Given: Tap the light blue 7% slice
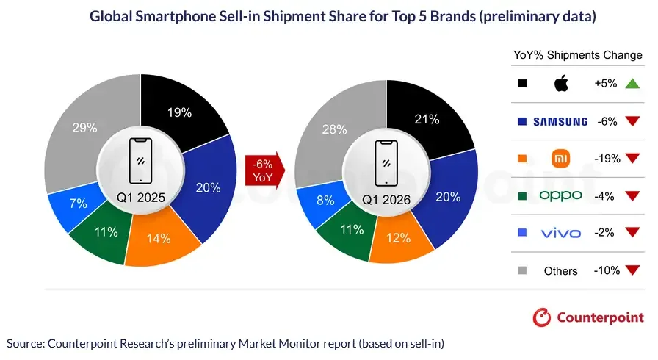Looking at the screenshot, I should [x=78, y=204].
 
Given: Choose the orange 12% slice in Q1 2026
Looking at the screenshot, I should [x=400, y=238].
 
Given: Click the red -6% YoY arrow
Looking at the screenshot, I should [x=262, y=170].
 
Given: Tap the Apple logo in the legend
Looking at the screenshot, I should [x=561, y=84].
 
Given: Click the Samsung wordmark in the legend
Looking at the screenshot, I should [x=560, y=121].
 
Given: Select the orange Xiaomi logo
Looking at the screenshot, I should [x=561, y=158].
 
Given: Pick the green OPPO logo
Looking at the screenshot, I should [x=560, y=195].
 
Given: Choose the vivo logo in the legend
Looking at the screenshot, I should [x=560, y=233].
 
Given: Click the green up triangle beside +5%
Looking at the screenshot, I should [x=632, y=84].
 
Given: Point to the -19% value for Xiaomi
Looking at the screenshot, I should [x=607, y=159].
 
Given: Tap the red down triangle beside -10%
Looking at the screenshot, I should [x=632, y=271].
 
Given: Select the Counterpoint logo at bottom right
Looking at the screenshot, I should [x=587, y=317].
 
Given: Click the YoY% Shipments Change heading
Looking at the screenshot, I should [x=576, y=56].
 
